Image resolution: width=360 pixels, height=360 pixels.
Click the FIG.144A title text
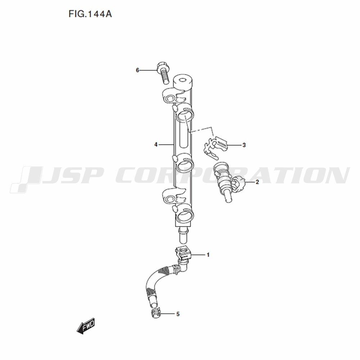(x=90, y=14)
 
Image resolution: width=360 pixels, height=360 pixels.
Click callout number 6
(x=138, y=70)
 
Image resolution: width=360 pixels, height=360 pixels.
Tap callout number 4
(x=156, y=145)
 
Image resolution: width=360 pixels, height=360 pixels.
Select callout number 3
(x=244, y=145)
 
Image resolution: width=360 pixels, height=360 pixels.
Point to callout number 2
(x=257, y=182)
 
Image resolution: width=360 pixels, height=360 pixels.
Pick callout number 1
(x=208, y=255)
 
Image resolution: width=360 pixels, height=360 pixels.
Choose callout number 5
(x=178, y=314)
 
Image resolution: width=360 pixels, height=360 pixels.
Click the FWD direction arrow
(x=85, y=325)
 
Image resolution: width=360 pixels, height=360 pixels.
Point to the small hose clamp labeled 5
(x=156, y=313)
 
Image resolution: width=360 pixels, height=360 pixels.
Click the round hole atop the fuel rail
(x=183, y=80)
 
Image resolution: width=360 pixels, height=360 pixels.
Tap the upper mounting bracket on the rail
(x=172, y=96)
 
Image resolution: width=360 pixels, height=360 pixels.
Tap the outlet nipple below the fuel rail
(x=183, y=235)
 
